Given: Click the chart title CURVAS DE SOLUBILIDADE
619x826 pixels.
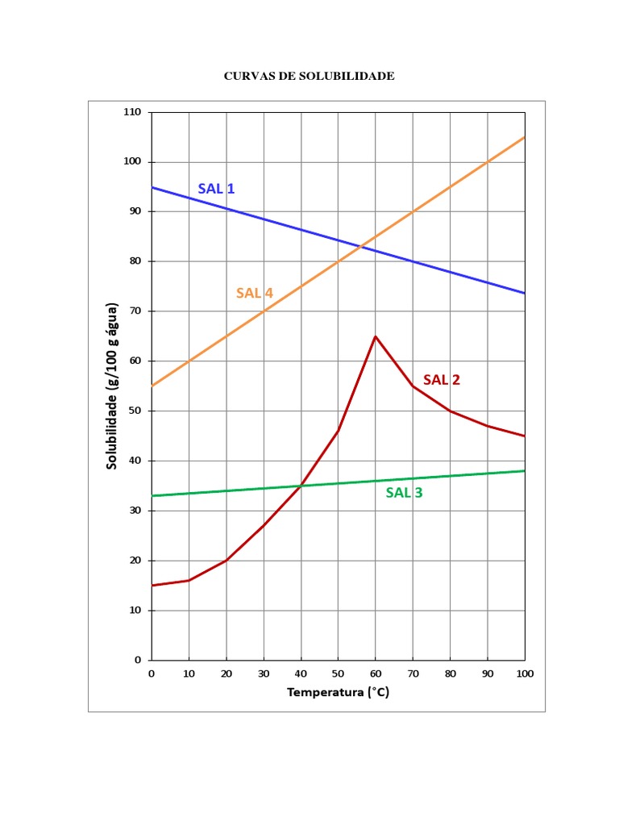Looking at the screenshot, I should click(x=309, y=77).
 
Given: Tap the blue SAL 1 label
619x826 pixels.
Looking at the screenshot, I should click(x=216, y=189).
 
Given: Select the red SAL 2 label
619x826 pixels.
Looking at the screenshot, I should click(x=442, y=380).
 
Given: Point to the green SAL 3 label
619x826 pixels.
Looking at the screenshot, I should click(x=404, y=493).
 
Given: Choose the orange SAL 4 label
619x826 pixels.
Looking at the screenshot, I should click(x=255, y=293).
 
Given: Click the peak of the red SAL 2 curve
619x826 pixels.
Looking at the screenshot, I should click(x=376, y=336).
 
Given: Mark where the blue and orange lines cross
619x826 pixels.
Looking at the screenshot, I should click(x=360, y=246).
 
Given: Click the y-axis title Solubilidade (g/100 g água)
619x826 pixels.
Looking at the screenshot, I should click(x=113, y=386).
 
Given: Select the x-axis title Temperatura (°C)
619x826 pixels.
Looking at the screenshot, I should click(x=338, y=692).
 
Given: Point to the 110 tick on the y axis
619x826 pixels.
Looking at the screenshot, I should click(x=132, y=112).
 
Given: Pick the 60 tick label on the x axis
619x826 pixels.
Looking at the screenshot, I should click(x=376, y=673).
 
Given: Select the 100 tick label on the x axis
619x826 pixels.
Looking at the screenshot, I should click(x=525, y=673).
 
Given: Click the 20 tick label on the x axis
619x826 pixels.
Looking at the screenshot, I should click(x=226, y=673).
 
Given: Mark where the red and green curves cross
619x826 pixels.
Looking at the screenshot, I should click(x=301, y=486).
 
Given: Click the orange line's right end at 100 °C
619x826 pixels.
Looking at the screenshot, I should click(x=525, y=137).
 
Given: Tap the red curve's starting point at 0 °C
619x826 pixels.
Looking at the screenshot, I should click(x=152, y=586).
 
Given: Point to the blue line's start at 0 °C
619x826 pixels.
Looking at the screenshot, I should click(x=152, y=187).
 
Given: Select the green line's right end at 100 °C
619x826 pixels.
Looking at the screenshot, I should click(x=525, y=471).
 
